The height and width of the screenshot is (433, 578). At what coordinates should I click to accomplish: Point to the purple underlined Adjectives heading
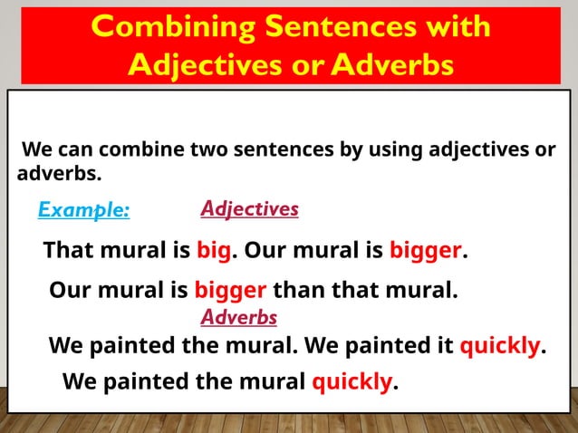pos(249,209)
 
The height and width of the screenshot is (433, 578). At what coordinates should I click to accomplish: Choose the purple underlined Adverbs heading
pos(238,318)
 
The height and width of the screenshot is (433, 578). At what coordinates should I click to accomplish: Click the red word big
pos(213,250)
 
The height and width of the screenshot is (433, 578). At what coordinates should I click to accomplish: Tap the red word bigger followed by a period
pos(426,250)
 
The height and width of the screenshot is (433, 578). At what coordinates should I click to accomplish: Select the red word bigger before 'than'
pos(230,292)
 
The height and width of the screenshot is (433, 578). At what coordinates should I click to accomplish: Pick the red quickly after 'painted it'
pos(500,346)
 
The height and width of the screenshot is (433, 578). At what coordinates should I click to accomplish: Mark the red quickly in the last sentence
pos(352,381)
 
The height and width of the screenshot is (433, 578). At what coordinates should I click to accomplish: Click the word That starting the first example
pos(70,250)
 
